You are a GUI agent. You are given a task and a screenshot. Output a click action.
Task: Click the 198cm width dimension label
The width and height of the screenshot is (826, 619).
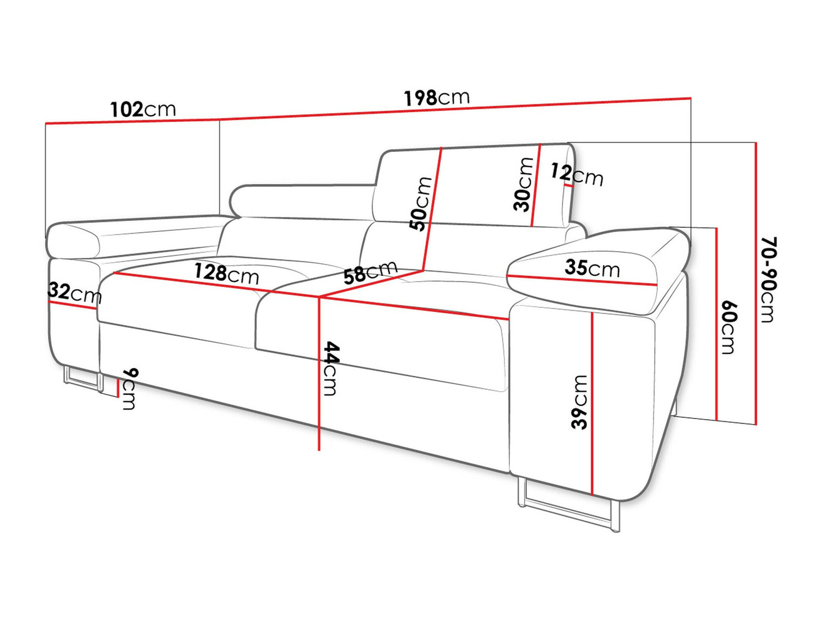click(437, 97)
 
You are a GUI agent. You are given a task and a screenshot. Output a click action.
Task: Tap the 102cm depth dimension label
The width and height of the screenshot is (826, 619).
click(143, 110)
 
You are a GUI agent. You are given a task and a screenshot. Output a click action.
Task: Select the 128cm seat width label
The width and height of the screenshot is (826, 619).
click(226, 274)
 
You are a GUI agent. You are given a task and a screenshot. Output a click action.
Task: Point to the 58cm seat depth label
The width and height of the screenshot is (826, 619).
click(370, 272)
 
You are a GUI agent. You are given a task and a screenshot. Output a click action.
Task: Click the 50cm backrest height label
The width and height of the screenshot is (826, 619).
click(421, 204)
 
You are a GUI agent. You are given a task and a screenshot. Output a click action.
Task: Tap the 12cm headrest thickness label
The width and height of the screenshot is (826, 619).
click(577, 174)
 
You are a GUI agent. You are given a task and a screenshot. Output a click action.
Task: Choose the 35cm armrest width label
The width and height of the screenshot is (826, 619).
click(592, 268)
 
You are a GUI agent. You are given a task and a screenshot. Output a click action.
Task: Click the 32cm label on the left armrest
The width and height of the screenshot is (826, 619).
click(75, 293)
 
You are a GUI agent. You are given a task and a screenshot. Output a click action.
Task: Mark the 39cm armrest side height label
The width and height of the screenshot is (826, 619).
click(579, 402)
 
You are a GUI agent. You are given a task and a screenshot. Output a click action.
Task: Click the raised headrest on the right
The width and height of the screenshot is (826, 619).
click(474, 186)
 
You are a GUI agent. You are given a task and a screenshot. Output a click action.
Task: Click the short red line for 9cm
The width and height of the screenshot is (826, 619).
click(118, 388)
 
